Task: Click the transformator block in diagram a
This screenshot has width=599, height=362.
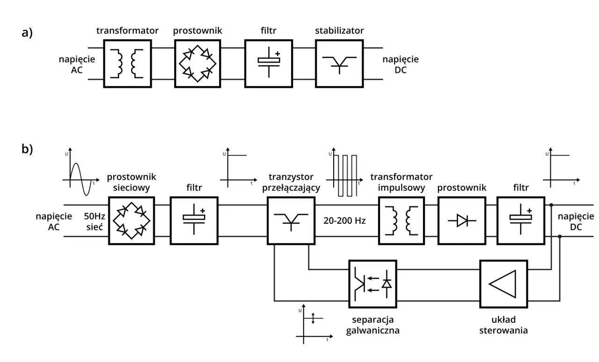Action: (x=127, y=63)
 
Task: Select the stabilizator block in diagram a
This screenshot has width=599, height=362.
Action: (x=339, y=63)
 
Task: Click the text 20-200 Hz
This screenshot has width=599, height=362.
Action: (x=344, y=220)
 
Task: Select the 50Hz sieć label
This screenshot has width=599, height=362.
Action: (x=94, y=220)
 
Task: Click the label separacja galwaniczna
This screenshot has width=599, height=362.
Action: (x=373, y=325)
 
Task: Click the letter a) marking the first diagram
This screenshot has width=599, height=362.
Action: (x=27, y=33)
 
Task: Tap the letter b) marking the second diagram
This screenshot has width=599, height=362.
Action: (x=27, y=149)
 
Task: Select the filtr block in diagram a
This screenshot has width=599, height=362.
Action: (x=268, y=63)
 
